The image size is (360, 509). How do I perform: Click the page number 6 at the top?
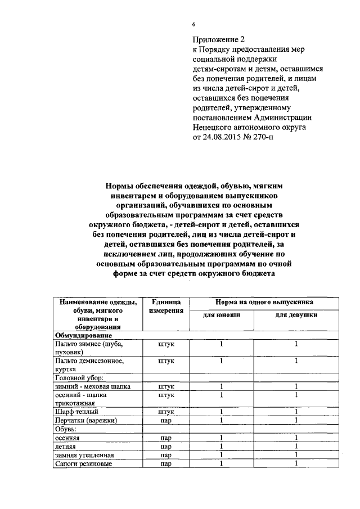193,24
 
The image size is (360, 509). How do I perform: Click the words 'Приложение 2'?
219,40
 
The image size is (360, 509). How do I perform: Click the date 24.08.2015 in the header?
224,137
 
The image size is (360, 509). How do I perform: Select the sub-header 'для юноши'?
222,315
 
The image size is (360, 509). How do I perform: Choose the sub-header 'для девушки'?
296,315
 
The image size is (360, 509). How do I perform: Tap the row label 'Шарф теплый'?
76,412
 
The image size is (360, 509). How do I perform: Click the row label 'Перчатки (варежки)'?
85,420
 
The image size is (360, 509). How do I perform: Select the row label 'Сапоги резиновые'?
82,463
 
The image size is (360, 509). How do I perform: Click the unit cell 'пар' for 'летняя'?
166,446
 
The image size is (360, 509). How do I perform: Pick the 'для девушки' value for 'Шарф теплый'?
296,412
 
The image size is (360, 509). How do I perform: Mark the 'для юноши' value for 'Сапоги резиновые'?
222,463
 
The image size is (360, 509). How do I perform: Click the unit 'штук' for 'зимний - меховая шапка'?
166,386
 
